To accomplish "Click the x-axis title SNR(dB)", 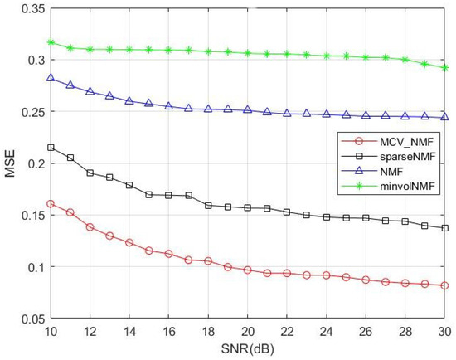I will coord(247,351).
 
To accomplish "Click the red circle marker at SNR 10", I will coord(51,203).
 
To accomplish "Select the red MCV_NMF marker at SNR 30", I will coord(444,285).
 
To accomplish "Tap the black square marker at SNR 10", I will coord(51,148).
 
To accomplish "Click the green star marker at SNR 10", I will coord(51,42).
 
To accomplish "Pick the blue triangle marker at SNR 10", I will coord(51,78).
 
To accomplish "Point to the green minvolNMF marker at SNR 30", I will coord(444,67).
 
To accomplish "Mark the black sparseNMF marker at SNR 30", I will coord(444,228).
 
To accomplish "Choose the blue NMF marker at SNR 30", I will coord(444,117).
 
